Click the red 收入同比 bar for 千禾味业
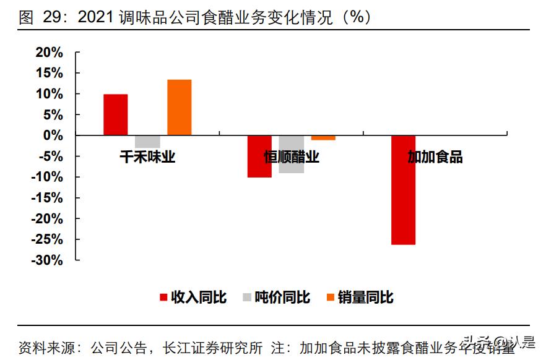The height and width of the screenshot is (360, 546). point(116,114)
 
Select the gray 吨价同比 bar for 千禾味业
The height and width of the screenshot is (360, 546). point(147,141)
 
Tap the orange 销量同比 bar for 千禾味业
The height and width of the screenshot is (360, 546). point(180,107)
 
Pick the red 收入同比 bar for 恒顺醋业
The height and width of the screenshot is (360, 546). point(259,156)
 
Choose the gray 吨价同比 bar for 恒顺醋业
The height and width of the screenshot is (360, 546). point(291,154)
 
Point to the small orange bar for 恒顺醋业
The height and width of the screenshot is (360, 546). point(323,137)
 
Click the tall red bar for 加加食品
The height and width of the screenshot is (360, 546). point(404,189)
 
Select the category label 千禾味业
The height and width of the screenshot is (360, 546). point(147,157)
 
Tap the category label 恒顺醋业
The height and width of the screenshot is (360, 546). point(292,157)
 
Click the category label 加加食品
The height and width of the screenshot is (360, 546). point(435,157)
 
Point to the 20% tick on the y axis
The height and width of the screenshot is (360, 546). point(49,53)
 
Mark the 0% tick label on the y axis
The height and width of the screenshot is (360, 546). point(53,135)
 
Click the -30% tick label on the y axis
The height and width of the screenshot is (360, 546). point(47,260)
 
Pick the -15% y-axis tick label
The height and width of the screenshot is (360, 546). point(47,198)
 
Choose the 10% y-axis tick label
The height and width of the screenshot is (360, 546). point(49,94)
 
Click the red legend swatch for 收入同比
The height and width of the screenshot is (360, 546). point(163,298)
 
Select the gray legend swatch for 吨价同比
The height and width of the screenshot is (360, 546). point(247,298)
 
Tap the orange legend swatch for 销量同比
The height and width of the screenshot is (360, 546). point(330,298)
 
